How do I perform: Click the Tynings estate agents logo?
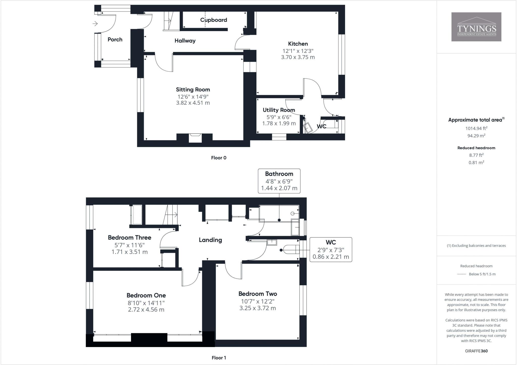tap(476, 27)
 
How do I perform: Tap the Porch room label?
tap(115, 39)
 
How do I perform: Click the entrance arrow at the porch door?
tap(95, 24)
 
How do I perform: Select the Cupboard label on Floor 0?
tap(214, 20)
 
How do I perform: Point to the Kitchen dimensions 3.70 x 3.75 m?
tap(298, 57)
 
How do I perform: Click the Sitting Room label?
tap(193, 89)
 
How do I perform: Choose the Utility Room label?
tap(279, 110)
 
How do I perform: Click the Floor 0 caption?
tap(219, 158)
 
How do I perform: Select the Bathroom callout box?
tap(279, 181)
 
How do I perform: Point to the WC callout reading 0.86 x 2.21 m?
tap(331, 257)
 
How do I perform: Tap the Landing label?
tap(210, 240)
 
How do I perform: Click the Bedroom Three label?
tap(130, 238)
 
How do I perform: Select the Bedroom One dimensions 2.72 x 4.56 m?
tap(146, 310)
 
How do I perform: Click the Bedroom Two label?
tap(258, 294)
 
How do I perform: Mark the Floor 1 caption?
tap(219, 358)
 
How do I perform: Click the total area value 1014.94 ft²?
tap(476, 128)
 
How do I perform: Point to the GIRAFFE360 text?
tap(476, 351)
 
